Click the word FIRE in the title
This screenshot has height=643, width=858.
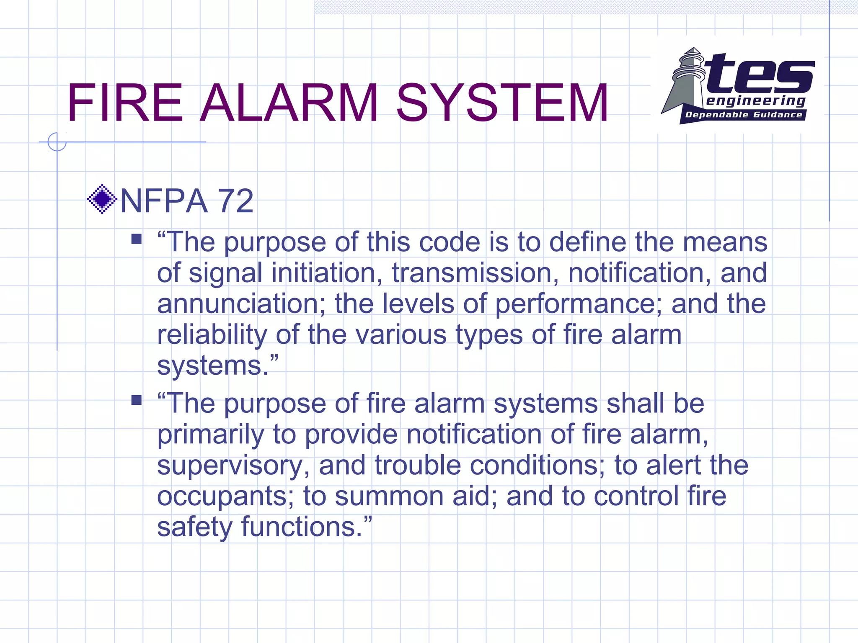point(125,103)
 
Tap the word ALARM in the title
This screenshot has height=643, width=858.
point(289,103)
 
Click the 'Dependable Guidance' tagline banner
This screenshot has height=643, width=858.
point(743,115)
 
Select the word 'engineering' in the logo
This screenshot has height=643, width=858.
point(755,101)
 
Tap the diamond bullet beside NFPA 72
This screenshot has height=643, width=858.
point(102,199)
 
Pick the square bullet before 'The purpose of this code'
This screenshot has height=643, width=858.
point(136,239)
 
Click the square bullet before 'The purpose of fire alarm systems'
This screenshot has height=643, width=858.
point(136,400)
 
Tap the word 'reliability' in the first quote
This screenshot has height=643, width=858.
point(212,335)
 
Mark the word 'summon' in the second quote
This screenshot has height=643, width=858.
point(389,496)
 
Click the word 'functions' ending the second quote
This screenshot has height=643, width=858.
point(302,527)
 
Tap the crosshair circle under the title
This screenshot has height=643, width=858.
point(57,142)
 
